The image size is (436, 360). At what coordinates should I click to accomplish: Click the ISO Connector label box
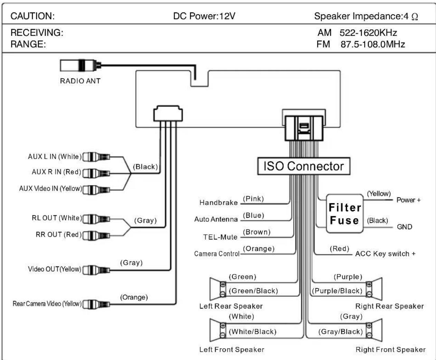(x=304, y=166)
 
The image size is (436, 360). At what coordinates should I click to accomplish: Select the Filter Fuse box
(x=344, y=214)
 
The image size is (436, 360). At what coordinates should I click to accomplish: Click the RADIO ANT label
(x=80, y=81)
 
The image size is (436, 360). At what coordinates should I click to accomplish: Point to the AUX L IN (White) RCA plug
(x=96, y=157)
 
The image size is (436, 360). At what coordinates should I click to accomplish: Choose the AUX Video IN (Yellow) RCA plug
(x=96, y=189)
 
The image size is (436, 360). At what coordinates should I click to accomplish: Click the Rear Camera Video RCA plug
(x=96, y=304)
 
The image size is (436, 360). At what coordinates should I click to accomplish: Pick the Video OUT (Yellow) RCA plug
(x=96, y=270)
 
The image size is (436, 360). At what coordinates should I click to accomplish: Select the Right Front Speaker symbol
(x=374, y=330)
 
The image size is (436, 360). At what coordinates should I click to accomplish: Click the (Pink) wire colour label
(x=253, y=199)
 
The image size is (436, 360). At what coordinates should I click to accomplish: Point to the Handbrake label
(x=218, y=203)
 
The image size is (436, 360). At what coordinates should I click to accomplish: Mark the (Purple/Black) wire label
(x=337, y=291)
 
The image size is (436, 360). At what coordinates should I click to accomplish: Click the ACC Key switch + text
(x=385, y=254)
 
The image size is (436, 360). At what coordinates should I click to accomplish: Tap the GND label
(x=404, y=227)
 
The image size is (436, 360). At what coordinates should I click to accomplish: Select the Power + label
(x=408, y=200)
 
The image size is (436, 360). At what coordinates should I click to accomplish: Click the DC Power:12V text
(x=204, y=16)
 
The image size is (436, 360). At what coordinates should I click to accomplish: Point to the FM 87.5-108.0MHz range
(x=361, y=44)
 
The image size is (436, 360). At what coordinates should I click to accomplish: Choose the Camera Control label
(x=217, y=254)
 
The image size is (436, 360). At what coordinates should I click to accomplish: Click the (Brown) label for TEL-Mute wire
(x=256, y=232)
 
